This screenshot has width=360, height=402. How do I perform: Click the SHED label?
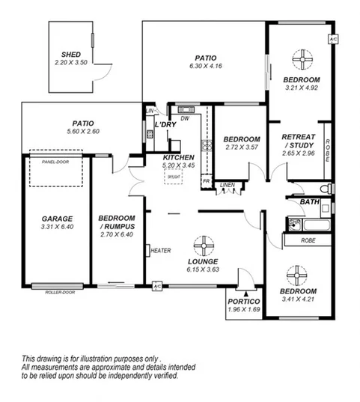(72, 55)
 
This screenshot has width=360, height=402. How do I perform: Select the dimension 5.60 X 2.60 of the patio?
(82, 131)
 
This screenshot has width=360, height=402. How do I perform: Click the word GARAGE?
(57, 219)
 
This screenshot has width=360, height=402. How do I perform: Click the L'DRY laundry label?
(165, 124)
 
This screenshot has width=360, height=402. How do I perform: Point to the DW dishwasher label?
(184, 118)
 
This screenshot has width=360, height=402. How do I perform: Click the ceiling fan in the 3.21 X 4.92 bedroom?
(302, 59)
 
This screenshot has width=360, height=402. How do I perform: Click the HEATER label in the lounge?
(161, 251)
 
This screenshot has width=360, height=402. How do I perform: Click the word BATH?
(309, 202)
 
